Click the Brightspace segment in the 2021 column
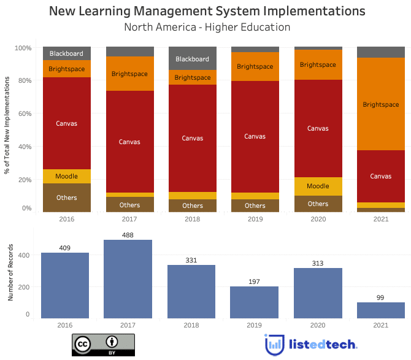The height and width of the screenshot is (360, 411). [381, 104]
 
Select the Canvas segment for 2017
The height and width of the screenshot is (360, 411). [129, 142]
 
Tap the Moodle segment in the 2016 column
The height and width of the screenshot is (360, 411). [66, 176]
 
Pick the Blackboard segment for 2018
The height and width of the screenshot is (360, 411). [192, 58]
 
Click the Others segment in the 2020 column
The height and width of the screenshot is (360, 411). [318, 204]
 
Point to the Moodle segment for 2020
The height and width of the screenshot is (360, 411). [318, 186]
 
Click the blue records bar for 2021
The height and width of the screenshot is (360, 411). [381, 310]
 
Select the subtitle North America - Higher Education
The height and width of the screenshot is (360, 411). [207, 27]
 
